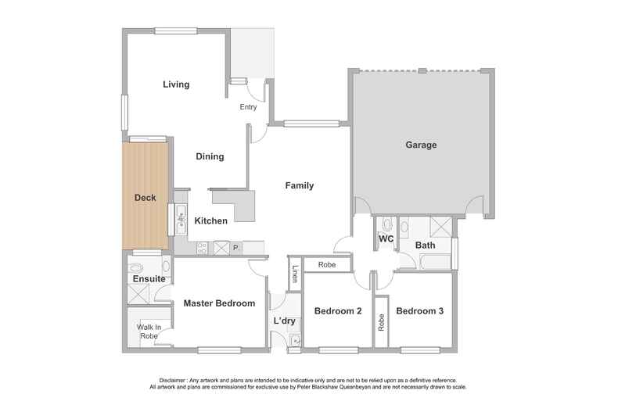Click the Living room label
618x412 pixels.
[176, 84]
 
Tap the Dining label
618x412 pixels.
[210, 156]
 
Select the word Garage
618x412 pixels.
[421, 145]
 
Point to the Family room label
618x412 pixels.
[300, 185]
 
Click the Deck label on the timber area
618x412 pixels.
[146, 198]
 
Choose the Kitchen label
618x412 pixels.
[211, 220]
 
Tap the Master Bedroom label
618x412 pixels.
[219, 303]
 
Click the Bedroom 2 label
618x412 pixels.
[338, 311]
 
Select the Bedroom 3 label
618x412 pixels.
[420, 311]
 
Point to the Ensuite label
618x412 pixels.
[149, 279]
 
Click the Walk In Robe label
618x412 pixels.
[149, 331]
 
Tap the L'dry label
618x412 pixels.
[285, 321]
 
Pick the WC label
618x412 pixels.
[386, 238]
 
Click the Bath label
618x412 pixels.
[426, 245]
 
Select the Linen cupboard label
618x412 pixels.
[295, 273]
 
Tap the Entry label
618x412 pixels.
[248, 107]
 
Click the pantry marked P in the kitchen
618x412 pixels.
[235, 248]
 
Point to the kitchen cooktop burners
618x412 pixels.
[202, 248]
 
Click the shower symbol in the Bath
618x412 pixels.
[440, 227]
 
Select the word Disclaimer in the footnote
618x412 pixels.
[173, 381]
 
